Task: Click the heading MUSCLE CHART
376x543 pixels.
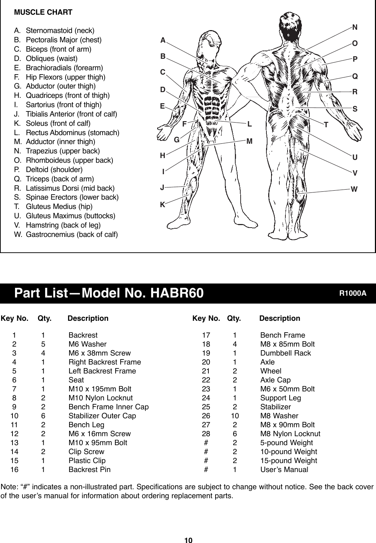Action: [43, 12]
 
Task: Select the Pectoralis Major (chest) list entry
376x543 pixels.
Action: [63, 40]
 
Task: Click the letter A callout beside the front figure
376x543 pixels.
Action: [163, 41]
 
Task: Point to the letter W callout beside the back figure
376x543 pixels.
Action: [354, 189]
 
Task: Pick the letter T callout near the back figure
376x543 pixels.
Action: [326, 125]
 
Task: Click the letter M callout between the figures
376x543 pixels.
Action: [249, 141]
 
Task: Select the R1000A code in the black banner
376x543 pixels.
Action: [353, 293]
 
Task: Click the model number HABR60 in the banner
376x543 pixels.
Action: [177, 293]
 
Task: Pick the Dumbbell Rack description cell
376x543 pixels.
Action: [285, 353]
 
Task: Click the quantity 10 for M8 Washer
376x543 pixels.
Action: [235, 416]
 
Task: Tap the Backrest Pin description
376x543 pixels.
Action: [90, 470]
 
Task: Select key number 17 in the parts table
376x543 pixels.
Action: [206, 335]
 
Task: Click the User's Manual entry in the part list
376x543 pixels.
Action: [284, 470]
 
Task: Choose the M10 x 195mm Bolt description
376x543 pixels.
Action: [100, 389]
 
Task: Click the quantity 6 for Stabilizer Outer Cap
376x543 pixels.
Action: [43, 416]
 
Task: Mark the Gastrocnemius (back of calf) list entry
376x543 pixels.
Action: [72, 234]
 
